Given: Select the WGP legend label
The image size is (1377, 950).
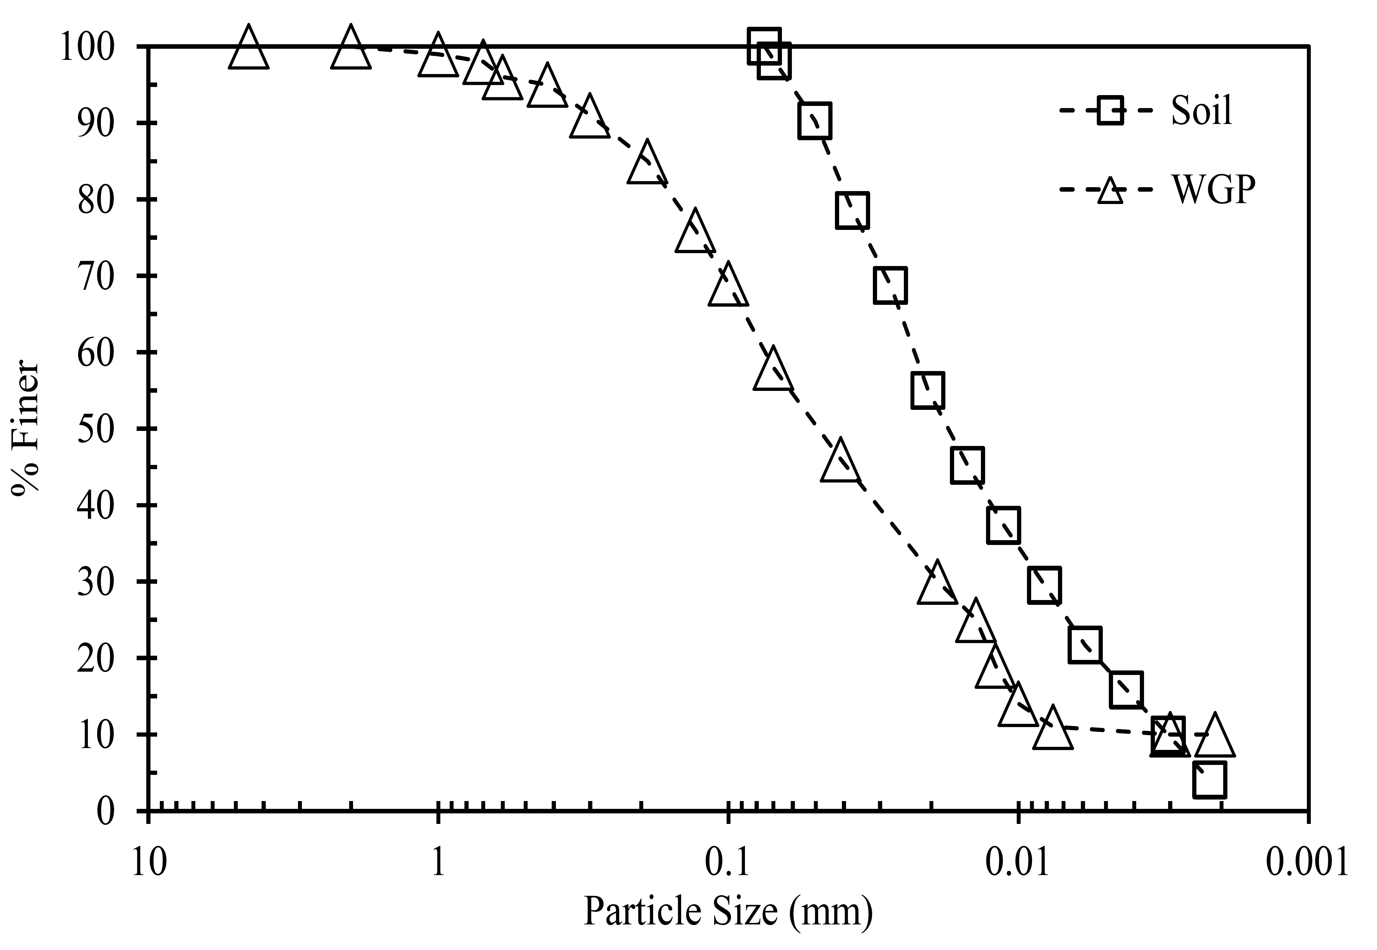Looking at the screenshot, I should tap(1214, 189).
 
